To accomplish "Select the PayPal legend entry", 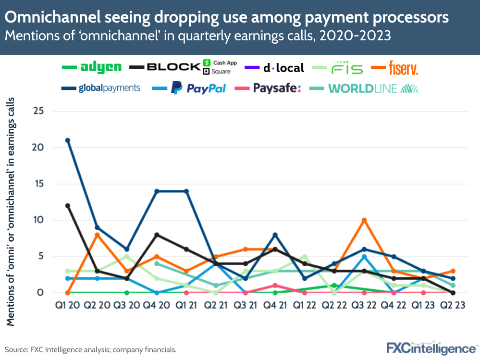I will pos(198,88).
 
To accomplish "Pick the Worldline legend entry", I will pos(372,88).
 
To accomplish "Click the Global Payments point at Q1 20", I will pos(68,140).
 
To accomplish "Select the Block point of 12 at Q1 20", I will pos(68,206).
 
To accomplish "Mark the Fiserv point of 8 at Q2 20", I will pos(97,235).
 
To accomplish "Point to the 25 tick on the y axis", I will pos(38,111).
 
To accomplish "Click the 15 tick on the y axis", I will pos(38,184).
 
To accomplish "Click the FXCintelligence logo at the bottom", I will pos(431,348).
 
